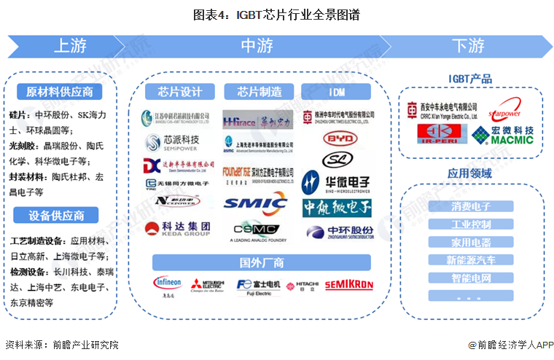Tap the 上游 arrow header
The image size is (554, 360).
[70, 46]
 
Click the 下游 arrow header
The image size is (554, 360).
[467, 46]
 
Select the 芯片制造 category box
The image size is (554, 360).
[260, 92]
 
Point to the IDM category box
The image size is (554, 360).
[336, 92]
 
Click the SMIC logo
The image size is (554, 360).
[254, 203]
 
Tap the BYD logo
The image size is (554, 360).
[336, 138]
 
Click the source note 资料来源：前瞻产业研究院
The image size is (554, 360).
[61, 345]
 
